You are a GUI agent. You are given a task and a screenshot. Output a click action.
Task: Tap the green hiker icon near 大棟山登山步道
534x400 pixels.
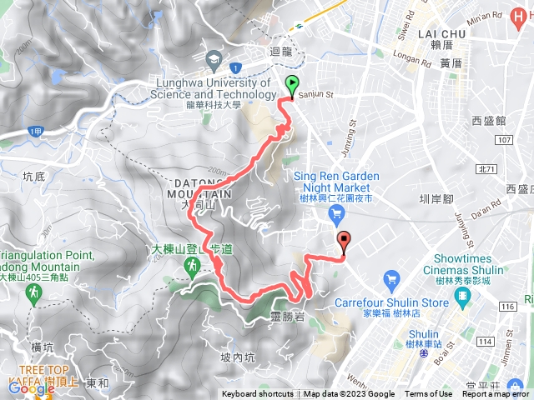coord(193,265)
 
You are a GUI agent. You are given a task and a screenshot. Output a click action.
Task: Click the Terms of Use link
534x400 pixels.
coord(429,394)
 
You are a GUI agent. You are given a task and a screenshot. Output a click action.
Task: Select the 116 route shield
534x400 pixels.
coord(508,307)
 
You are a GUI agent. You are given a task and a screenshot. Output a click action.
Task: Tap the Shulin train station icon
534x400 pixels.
coord(425,354)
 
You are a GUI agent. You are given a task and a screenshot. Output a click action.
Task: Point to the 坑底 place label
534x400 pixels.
coord(34,176)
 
